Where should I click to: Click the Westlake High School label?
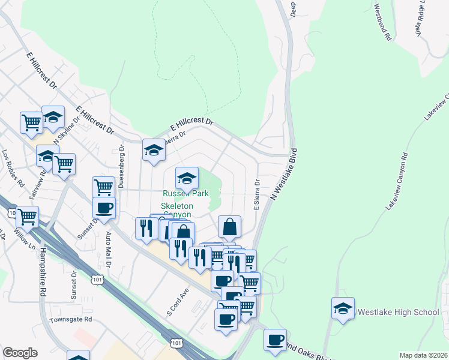398,313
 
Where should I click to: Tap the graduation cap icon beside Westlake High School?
343,308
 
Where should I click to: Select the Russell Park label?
185,194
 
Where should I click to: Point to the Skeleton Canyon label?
176,210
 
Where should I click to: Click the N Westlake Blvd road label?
285,174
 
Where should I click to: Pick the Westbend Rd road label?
382,23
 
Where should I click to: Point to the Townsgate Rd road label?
71,320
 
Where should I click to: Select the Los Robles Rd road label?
12,167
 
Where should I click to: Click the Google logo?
20,352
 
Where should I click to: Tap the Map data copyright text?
423,355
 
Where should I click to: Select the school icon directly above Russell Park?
187,178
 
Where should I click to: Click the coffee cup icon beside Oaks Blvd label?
276,340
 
